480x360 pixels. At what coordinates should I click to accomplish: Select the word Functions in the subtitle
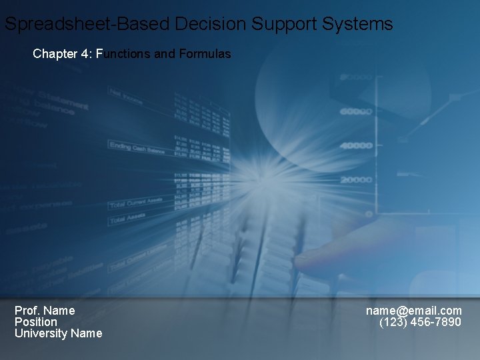[123, 54]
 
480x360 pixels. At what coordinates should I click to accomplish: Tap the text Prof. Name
[45, 311]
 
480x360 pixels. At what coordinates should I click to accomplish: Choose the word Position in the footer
[36, 322]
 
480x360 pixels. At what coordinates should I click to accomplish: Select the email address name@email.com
[413, 311]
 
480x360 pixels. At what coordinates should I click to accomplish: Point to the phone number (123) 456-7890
[420, 322]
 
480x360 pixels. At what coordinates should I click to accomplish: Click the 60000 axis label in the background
[356, 112]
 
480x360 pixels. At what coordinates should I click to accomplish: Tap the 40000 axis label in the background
[356, 145]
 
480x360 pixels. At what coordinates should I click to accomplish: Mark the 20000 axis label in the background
[356, 180]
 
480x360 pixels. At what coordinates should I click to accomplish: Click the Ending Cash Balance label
[137, 147]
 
